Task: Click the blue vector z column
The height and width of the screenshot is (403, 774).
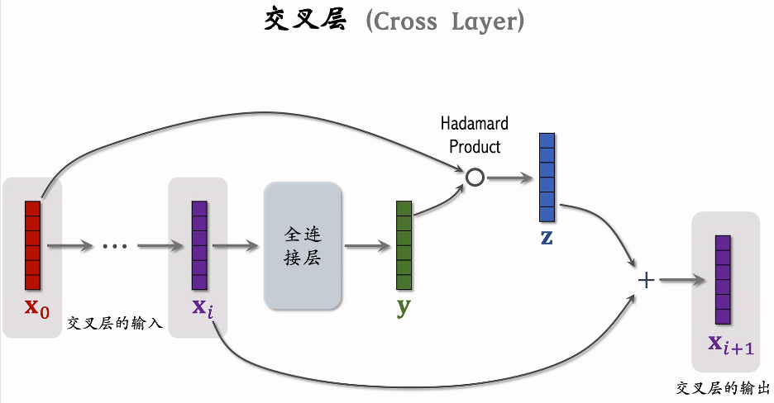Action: (x=547, y=177)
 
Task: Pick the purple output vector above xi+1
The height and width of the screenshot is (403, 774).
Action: (x=723, y=280)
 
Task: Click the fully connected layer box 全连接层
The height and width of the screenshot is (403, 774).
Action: (x=302, y=246)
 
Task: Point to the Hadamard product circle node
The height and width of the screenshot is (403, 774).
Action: (x=474, y=177)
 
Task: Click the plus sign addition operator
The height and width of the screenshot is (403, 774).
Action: (x=646, y=280)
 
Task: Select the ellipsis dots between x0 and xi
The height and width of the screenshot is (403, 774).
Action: (x=114, y=246)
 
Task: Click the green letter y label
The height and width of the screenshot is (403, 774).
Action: (x=404, y=308)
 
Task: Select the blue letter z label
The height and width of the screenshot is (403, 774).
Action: (x=547, y=239)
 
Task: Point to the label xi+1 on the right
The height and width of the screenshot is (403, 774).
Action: (x=730, y=344)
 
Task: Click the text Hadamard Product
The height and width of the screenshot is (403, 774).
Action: (x=474, y=135)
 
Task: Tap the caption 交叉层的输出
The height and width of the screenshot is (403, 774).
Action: (x=723, y=387)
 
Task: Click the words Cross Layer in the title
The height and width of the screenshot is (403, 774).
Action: (x=445, y=21)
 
